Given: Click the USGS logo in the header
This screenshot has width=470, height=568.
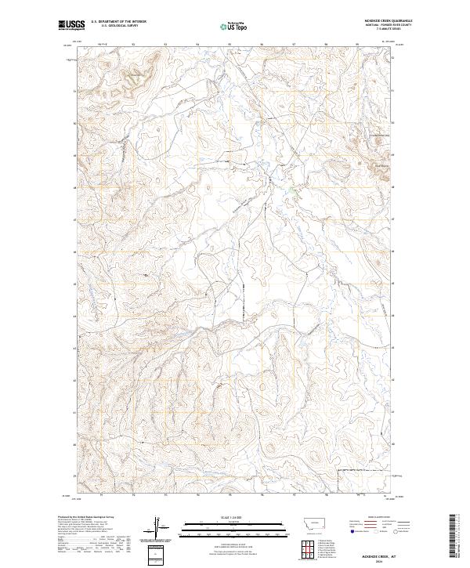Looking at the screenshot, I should pyautogui.click(x=71, y=25).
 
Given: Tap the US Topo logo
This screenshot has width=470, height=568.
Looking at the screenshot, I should pyautogui.click(x=233, y=26).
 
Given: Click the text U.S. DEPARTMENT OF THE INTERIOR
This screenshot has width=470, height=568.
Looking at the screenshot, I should pyautogui.click(x=115, y=22).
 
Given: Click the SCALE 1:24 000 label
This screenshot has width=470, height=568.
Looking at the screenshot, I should pyautogui.click(x=233, y=516).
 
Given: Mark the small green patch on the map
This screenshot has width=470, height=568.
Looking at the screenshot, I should pyautogui.click(x=291, y=189).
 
